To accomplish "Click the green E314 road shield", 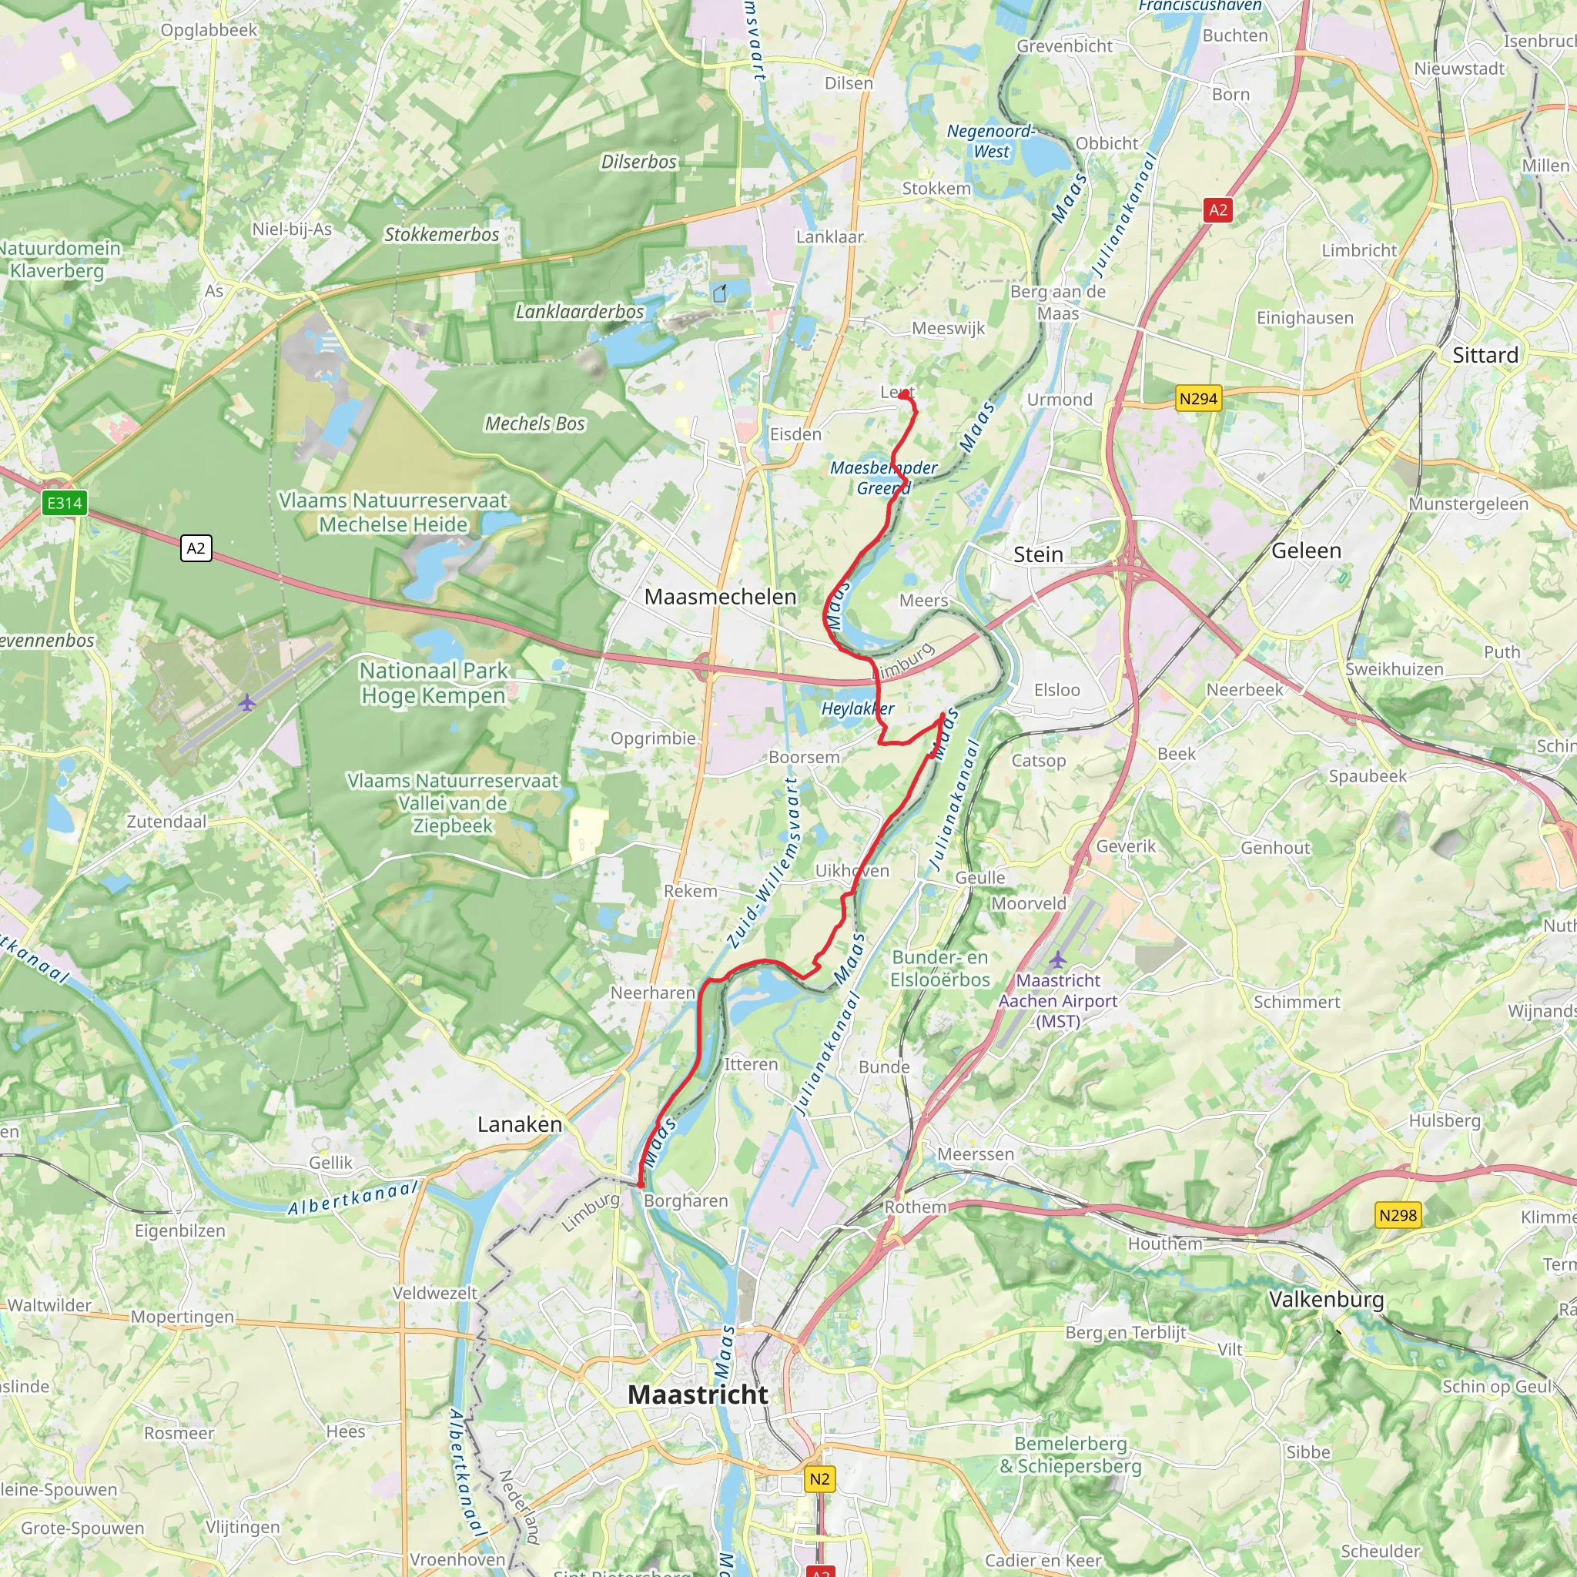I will click(65, 503).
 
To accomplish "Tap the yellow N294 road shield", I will click(1198, 399).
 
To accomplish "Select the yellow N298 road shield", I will click(1398, 1215).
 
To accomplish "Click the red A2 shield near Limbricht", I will click(1218, 209).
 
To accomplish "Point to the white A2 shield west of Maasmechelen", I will click(196, 547).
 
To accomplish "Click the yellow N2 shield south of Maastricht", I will click(819, 1479).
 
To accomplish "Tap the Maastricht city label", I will click(697, 1395).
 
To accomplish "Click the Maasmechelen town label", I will click(720, 597).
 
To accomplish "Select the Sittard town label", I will click(1485, 355).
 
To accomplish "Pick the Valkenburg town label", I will click(1327, 1300).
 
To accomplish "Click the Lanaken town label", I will click(519, 1125).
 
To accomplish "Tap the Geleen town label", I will click(1306, 551).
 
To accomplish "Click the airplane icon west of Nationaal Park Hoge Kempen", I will click(246, 702).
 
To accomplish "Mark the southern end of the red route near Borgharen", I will click(640, 1184).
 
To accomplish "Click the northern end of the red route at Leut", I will click(906, 395).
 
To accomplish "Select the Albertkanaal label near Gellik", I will click(353, 1197).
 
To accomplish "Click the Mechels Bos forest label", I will click(534, 424).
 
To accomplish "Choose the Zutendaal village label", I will click(166, 822).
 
